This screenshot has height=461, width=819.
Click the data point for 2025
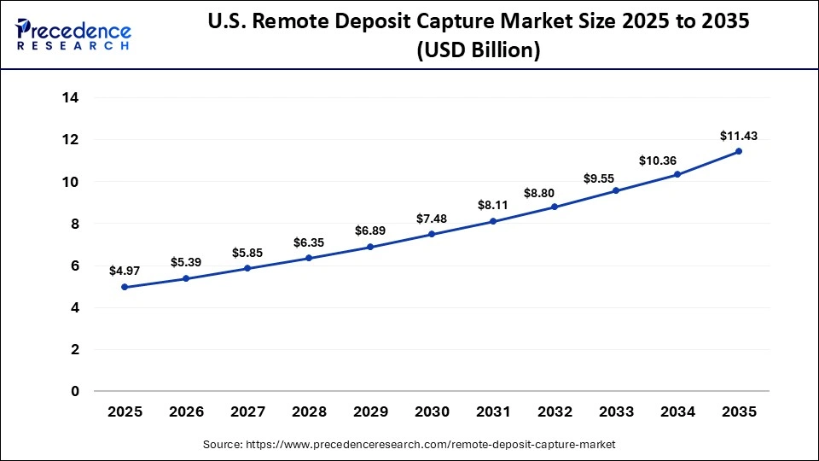point(125,287)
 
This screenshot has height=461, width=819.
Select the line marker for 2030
point(432,234)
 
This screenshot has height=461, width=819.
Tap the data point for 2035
point(739,151)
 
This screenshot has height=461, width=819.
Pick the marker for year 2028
point(309,258)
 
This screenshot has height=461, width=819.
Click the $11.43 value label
point(739,135)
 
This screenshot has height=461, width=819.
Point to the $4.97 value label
point(125,271)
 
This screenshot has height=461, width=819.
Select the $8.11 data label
point(493,205)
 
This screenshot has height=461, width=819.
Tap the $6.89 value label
point(370,230)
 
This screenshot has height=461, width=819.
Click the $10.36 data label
point(677,160)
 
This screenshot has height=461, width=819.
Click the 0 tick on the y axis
point(75,392)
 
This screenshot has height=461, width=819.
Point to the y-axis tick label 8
point(75,224)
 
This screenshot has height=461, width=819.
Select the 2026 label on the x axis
point(186,412)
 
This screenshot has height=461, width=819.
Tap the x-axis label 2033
point(616,412)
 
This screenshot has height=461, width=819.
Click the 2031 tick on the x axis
point(493,412)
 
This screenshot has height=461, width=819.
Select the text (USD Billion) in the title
point(478,50)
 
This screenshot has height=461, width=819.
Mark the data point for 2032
point(555,207)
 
